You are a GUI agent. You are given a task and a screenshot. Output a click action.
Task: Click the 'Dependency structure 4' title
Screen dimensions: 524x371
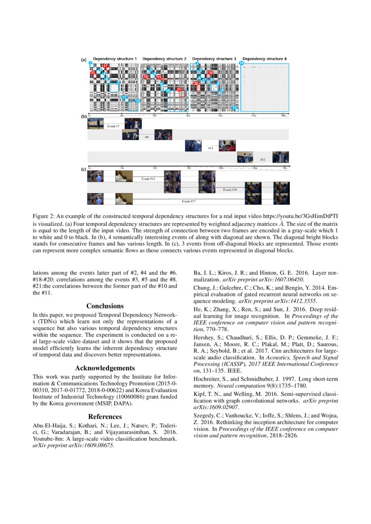tap(264, 59)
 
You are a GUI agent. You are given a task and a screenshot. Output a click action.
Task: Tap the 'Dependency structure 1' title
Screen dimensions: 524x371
tap(114, 59)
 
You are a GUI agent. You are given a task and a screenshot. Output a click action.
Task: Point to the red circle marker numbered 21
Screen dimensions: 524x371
tap(179, 90)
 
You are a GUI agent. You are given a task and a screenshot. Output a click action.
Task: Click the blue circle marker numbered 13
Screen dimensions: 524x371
tap(235, 108)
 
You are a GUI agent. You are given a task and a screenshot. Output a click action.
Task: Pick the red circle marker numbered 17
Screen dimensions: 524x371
tap(105, 66)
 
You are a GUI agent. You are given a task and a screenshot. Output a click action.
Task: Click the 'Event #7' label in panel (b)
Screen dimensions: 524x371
tap(113, 126)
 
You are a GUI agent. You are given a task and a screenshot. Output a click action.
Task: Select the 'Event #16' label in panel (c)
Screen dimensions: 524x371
tap(230, 190)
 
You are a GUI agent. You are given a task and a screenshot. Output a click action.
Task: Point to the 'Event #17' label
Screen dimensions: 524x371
tap(188, 201)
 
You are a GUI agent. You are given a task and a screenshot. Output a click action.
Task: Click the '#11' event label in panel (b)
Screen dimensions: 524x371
tap(210, 148)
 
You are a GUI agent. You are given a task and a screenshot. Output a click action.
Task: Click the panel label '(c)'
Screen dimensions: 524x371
tap(83, 169)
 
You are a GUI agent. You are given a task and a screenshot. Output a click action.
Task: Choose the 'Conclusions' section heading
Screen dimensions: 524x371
tap(105, 306)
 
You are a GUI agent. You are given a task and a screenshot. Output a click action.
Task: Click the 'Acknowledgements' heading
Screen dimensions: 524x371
tap(105, 368)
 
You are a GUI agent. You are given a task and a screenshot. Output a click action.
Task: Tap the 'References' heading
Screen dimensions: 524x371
tap(105, 416)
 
